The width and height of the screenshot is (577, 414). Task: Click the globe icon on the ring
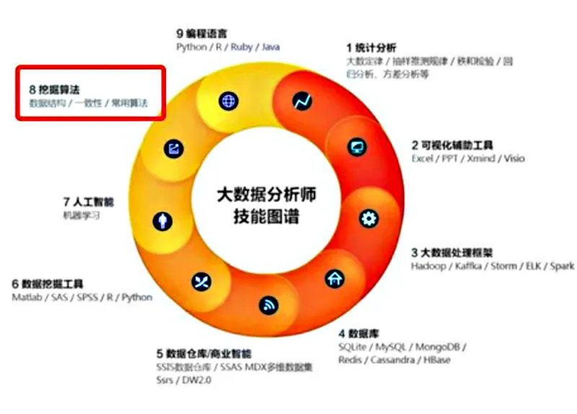pos(228,101)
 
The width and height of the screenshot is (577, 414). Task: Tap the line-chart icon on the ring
pos(301,102)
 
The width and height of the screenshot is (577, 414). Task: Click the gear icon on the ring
pos(369,218)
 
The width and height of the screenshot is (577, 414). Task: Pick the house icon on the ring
pos(334,278)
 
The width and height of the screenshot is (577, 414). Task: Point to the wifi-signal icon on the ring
pos(268,305)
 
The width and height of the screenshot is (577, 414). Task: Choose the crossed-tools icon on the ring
pos(201,281)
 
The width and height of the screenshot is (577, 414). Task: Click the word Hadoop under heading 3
pos(428,266)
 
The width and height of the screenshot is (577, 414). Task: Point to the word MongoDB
pos(441,347)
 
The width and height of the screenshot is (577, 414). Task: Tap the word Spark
pos(562,266)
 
